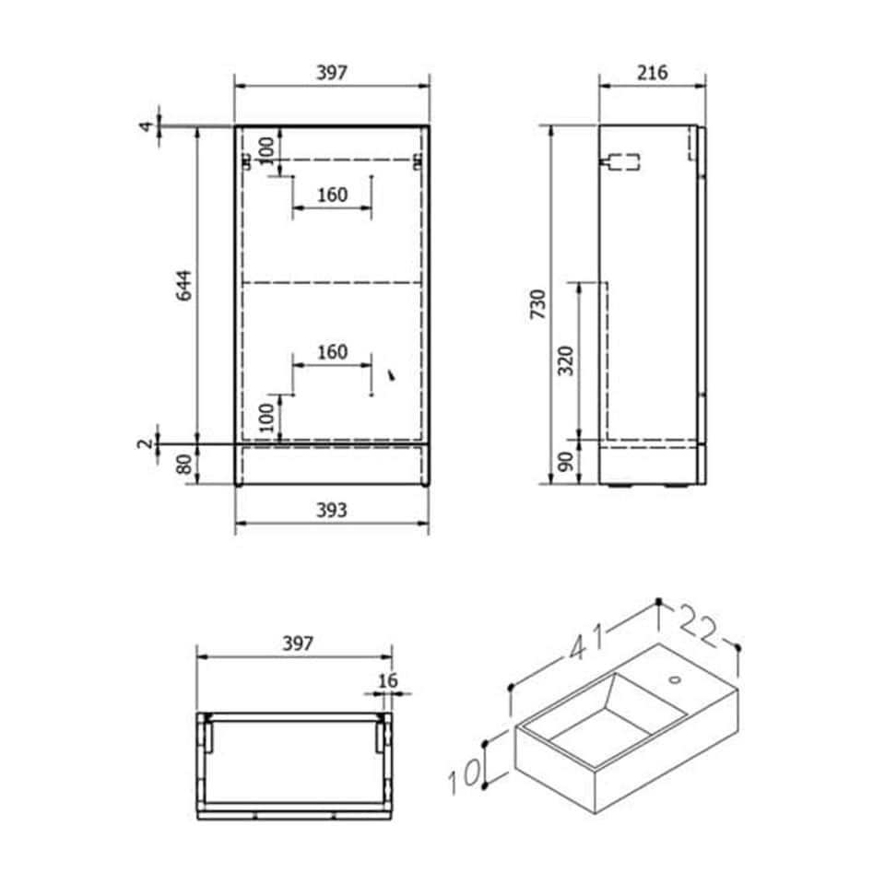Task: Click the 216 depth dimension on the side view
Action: (x=652, y=73)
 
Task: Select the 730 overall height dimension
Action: (x=538, y=304)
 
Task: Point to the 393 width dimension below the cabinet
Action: (x=332, y=510)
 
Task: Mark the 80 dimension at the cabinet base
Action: (x=184, y=465)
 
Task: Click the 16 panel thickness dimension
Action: (x=387, y=680)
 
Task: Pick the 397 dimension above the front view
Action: (x=332, y=73)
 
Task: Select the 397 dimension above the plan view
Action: (x=294, y=643)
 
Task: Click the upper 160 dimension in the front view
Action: (x=332, y=195)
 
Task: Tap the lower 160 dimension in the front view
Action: (x=332, y=352)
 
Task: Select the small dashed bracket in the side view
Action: (x=619, y=162)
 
